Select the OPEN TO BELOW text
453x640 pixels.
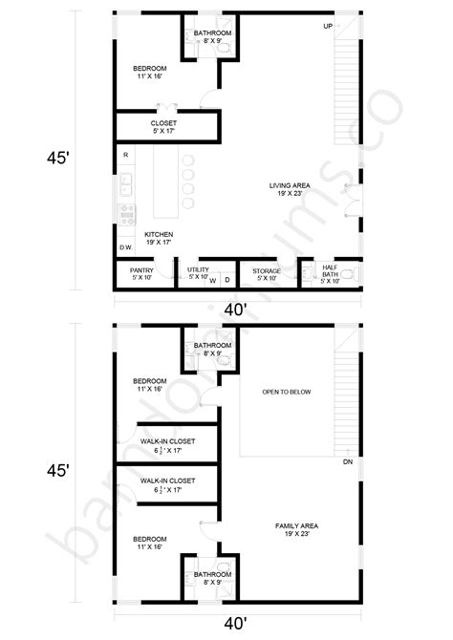point(287,393)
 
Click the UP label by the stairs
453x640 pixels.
point(328,25)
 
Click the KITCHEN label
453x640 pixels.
point(159,239)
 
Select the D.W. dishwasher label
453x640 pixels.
point(125,247)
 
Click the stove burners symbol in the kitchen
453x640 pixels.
point(125,212)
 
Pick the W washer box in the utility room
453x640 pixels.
point(212,280)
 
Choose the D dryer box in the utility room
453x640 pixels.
point(226,280)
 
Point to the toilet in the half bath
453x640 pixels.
point(348,276)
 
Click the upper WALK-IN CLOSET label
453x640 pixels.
point(167,445)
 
